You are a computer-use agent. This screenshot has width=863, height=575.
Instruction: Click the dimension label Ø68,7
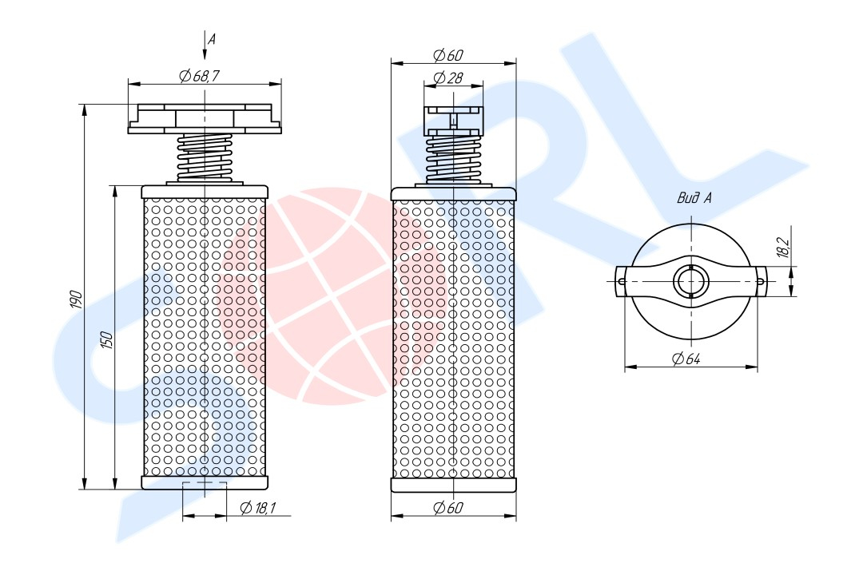click(201, 76)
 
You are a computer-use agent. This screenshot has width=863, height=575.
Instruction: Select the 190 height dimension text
click(76, 299)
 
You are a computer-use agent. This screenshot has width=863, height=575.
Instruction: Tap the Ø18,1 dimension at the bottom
click(257, 508)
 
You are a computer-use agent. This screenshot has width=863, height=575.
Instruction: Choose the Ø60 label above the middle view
click(447, 55)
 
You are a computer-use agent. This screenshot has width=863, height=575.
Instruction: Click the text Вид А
click(694, 197)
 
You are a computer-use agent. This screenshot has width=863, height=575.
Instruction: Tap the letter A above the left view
click(212, 38)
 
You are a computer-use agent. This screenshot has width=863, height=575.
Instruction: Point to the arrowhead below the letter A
click(205, 54)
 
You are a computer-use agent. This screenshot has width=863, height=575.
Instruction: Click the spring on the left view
click(205, 156)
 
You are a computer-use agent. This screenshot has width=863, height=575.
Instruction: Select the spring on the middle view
click(453, 157)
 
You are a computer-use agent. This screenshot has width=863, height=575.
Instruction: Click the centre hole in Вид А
click(690, 281)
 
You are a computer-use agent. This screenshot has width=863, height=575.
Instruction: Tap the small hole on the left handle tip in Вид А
click(622, 281)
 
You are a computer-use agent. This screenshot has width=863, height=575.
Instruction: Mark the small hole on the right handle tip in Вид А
click(762, 281)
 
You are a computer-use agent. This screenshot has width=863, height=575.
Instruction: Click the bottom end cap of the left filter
click(205, 482)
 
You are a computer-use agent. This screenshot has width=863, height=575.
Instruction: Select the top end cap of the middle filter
click(453, 193)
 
